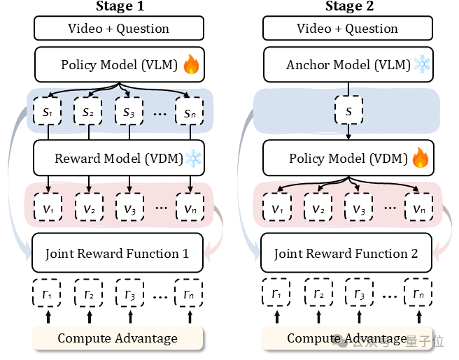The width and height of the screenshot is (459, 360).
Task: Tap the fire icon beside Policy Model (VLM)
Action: [x=191, y=66]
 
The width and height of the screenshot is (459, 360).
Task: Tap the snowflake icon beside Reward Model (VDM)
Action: [x=194, y=159]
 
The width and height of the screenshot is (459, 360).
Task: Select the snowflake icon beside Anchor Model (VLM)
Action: [x=422, y=66]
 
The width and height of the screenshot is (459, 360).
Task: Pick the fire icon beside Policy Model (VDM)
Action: [x=421, y=159]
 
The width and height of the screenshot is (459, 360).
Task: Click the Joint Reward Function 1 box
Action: [x=118, y=254]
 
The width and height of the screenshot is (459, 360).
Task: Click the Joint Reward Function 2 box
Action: [x=346, y=254]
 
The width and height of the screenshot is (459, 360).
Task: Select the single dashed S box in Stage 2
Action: [x=347, y=112]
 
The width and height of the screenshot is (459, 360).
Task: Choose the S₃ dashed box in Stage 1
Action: [x=128, y=112]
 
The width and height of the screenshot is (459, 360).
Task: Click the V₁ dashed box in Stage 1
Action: [x=48, y=208]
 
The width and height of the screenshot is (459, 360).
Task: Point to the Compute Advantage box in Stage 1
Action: [x=118, y=339]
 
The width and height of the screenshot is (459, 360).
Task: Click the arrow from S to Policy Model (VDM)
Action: [x=347, y=133]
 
